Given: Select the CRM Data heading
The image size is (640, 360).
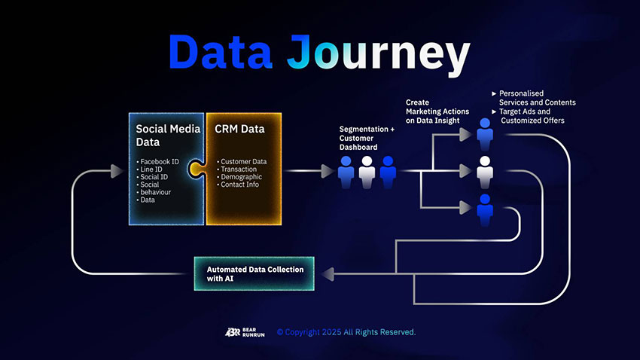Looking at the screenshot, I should click(x=239, y=129).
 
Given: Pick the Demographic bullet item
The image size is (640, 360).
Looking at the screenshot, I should click(x=241, y=177).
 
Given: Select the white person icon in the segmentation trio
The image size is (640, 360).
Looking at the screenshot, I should click(x=367, y=172).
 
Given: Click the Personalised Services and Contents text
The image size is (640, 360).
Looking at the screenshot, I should click(x=537, y=97).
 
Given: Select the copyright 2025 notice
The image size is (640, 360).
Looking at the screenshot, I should click(x=346, y=332).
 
